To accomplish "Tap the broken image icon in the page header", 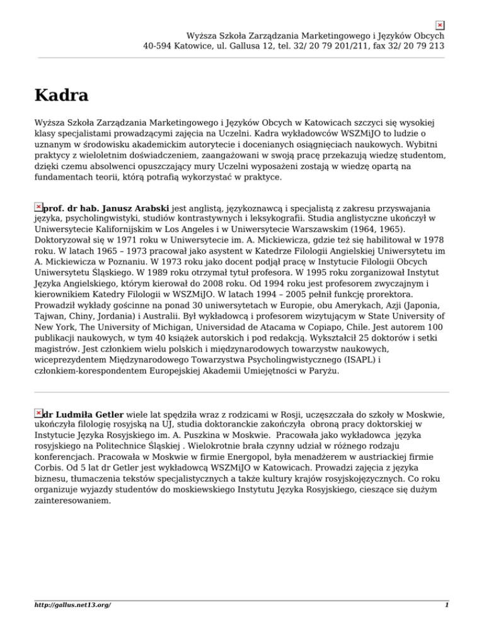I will click(x=441, y=25).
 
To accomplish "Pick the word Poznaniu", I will click(x=165, y=272).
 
